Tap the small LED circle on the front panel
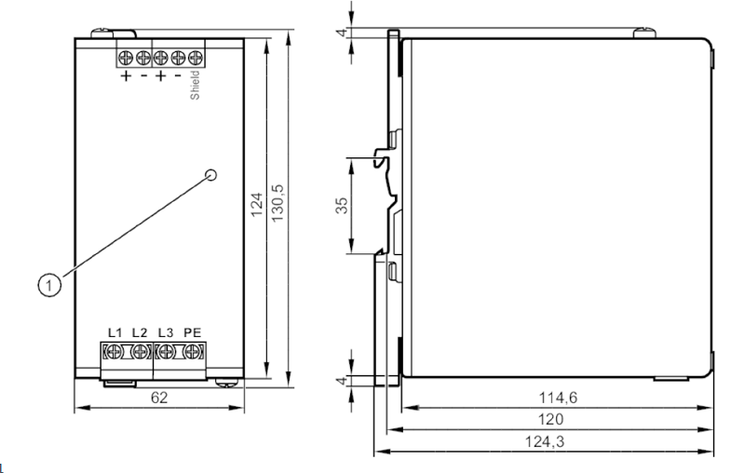tap(211, 174)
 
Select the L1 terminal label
tap(115, 331)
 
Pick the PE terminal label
tap(193, 331)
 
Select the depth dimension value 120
tap(556, 420)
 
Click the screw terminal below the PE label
tap(193, 352)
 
